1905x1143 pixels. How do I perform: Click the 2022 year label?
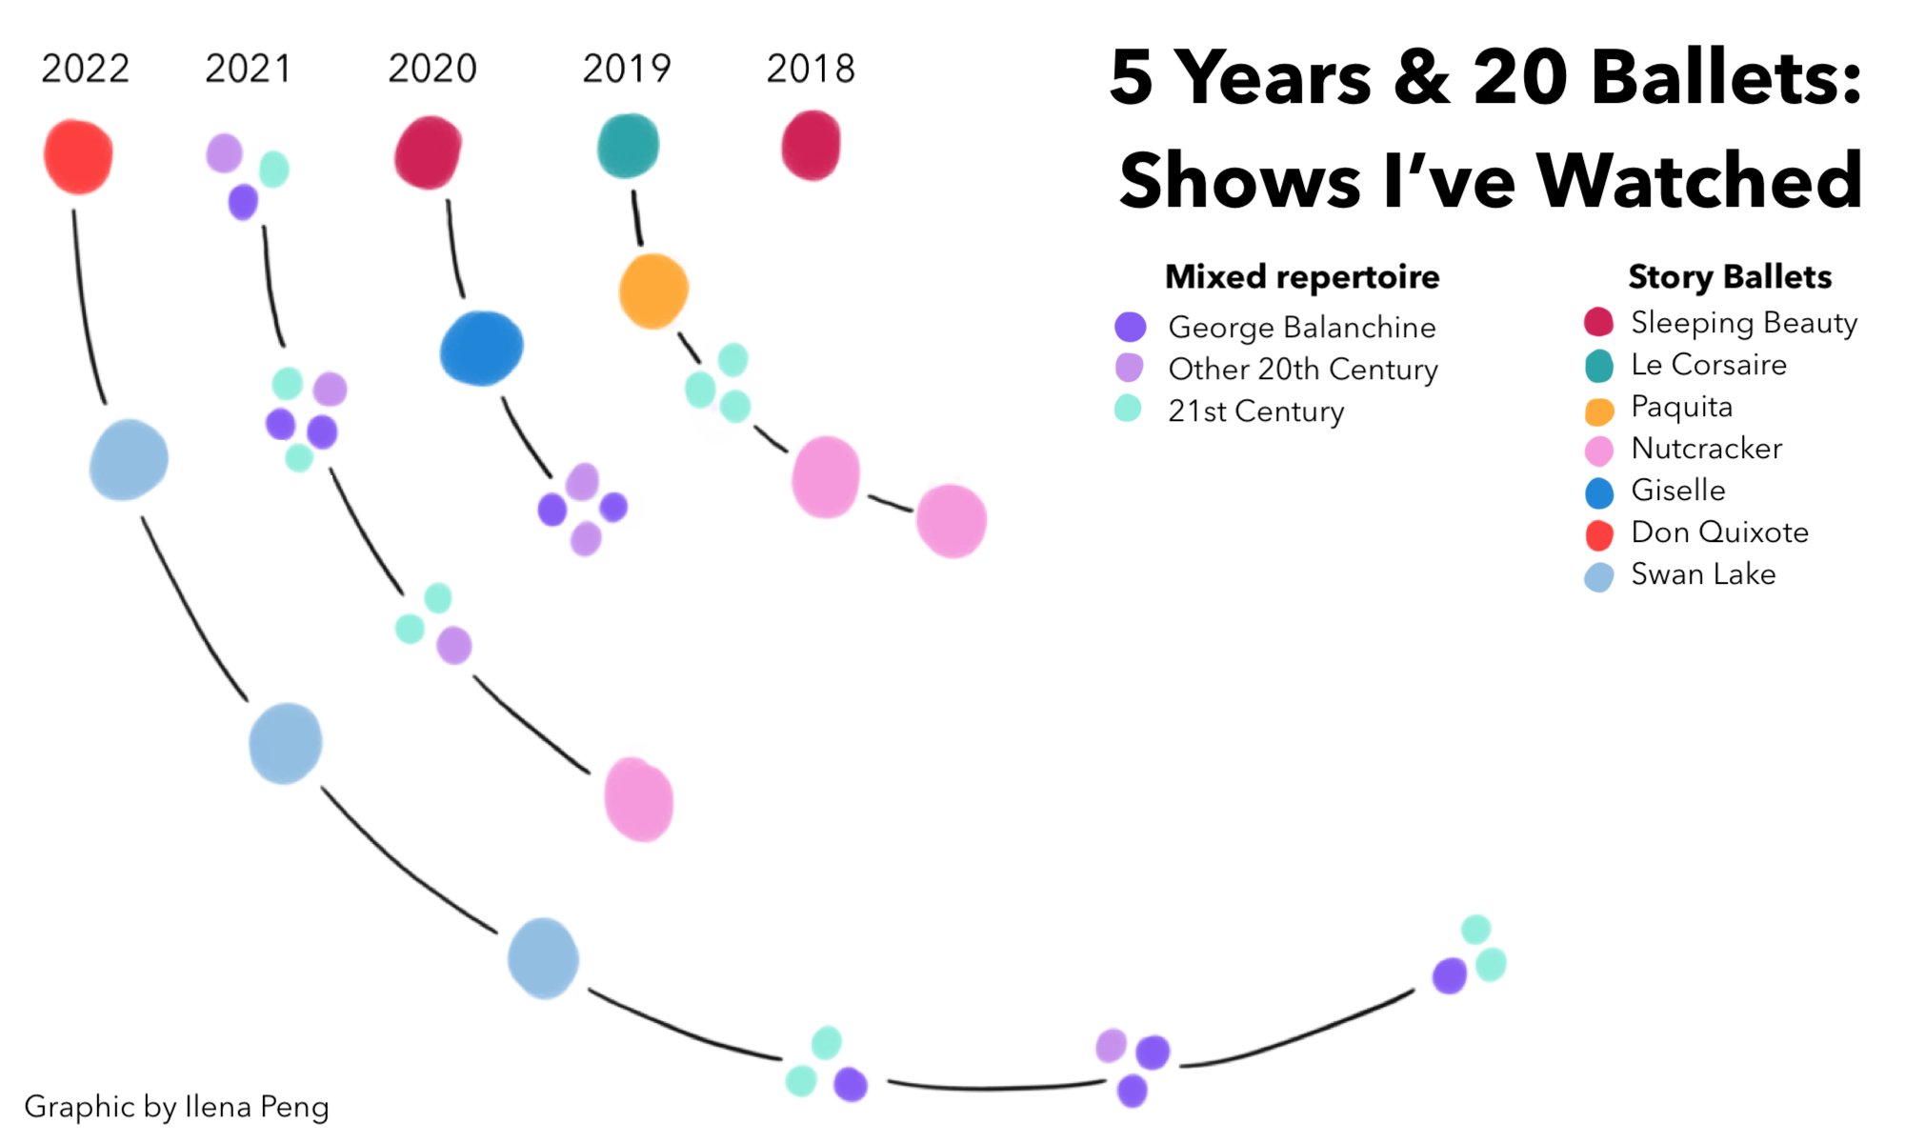(x=85, y=70)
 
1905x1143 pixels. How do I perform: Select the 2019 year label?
(x=626, y=70)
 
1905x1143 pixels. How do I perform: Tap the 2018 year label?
(x=811, y=70)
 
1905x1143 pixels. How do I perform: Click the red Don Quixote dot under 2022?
(x=78, y=156)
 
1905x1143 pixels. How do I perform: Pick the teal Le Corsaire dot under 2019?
(x=628, y=146)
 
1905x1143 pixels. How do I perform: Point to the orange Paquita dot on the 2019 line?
(x=653, y=291)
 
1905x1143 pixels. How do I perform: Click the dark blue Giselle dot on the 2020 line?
(x=481, y=349)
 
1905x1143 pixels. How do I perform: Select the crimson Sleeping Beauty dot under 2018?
(x=811, y=146)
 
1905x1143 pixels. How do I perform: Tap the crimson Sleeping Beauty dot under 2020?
(x=428, y=152)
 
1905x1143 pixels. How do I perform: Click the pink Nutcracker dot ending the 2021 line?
(x=638, y=799)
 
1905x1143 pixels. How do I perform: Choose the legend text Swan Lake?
(x=1703, y=574)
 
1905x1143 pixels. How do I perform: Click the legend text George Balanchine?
(x=1301, y=328)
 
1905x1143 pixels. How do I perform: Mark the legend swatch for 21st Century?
(x=1128, y=409)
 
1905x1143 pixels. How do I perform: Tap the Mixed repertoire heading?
(x=1302, y=277)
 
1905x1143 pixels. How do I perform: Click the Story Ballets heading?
(x=1730, y=277)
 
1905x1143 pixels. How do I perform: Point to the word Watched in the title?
(x=1699, y=181)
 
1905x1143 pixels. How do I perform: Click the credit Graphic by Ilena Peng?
(x=176, y=1107)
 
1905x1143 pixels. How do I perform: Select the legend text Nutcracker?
(x=1706, y=449)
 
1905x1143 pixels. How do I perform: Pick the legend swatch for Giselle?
(x=1599, y=493)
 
